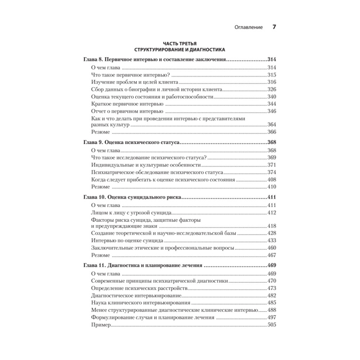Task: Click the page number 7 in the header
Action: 274,27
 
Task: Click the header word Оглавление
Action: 248,27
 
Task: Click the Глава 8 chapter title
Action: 154,60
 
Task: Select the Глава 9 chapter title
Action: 131,143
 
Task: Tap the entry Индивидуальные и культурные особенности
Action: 146,165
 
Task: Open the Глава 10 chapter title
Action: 133,198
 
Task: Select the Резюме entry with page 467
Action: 100,255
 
